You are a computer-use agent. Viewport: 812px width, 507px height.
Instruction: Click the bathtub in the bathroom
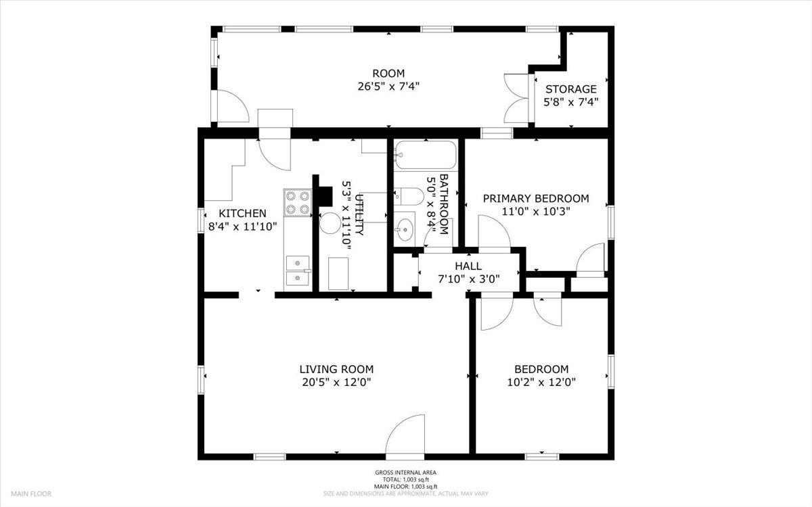[x=426, y=155]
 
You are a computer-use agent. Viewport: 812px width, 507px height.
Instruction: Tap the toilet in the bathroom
[x=409, y=197]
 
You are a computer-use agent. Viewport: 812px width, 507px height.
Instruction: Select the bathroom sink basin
[x=405, y=229]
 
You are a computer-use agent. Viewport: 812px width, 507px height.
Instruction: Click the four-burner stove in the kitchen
[x=298, y=203]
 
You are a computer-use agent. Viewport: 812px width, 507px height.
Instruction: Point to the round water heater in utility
[x=330, y=223]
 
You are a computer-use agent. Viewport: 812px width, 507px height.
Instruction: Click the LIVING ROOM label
[x=336, y=369]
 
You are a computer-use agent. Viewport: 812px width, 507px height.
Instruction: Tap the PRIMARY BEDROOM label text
[x=536, y=199]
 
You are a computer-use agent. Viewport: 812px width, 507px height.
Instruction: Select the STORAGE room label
[x=571, y=89]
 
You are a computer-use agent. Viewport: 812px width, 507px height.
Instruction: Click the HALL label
[x=468, y=266]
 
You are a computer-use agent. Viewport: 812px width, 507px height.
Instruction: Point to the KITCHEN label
[x=242, y=214]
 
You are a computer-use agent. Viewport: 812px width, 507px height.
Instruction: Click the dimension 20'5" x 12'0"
[x=336, y=383]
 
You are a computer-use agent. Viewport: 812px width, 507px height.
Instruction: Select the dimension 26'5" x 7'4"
[x=388, y=87]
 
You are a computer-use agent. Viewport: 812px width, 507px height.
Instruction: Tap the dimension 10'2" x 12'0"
[x=541, y=383]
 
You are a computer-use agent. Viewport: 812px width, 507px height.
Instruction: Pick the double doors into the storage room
[x=516, y=99]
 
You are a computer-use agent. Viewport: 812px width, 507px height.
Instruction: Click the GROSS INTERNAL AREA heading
[x=405, y=473]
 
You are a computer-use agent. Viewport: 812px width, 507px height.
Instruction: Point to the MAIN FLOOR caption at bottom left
[x=31, y=493]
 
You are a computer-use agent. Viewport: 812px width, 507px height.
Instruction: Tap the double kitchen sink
[x=298, y=270]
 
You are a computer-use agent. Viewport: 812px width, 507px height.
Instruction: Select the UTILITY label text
[x=359, y=215]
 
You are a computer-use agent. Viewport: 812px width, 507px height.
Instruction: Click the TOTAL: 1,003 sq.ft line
[x=405, y=480]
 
